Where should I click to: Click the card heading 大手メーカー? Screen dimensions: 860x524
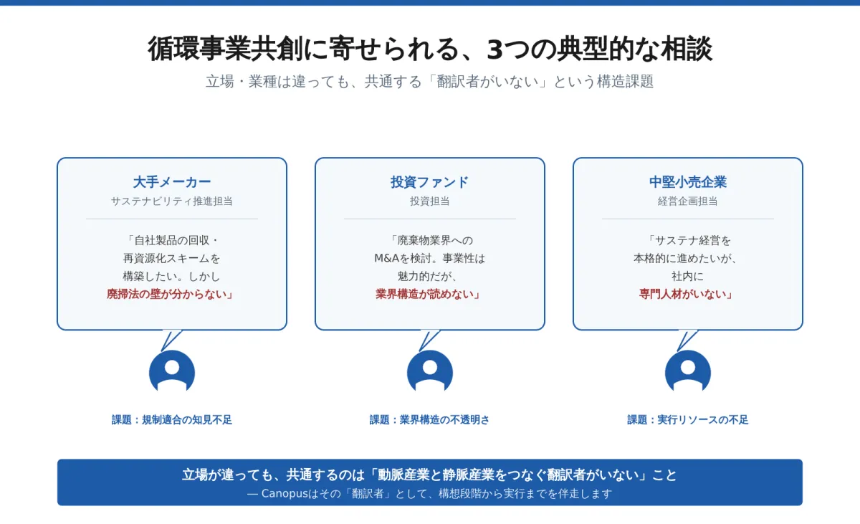point(171,182)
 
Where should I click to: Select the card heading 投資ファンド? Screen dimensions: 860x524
point(429,182)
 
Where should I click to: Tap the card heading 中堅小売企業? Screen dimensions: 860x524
point(687,182)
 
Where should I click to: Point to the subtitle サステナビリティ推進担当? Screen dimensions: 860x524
point(171,201)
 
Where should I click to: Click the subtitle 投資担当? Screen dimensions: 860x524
point(429,201)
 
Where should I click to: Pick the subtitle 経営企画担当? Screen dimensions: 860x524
point(687,201)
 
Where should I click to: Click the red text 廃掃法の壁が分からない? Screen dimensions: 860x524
point(166,294)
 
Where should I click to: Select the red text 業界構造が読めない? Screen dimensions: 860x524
point(424,294)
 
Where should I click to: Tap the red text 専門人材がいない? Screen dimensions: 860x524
point(682,294)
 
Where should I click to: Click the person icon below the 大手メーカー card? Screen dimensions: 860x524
point(171,371)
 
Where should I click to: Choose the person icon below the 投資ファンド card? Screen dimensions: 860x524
point(429,371)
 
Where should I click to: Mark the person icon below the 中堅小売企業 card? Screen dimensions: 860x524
point(687,371)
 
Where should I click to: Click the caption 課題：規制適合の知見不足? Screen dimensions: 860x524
point(171,419)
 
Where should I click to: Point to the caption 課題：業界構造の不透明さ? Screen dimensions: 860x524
point(429,419)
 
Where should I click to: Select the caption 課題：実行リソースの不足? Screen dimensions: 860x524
point(687,419)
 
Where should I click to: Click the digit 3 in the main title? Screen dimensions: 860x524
point(495,49)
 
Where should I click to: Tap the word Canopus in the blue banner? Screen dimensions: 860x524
point(285,494)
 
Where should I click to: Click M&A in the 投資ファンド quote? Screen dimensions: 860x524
point(387,258)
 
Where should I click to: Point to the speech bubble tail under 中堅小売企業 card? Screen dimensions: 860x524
point(686,340)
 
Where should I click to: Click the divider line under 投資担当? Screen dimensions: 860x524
point(429,219)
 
